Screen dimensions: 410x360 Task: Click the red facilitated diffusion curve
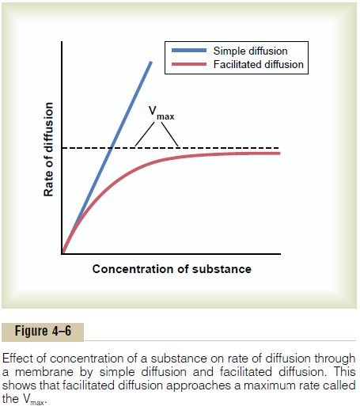(x=158, y=162)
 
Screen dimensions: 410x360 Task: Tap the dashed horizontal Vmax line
(x=237, y=148)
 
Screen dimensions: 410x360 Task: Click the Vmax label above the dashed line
(x=161, y=114)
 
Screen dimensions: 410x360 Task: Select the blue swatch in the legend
(x=187, y=51)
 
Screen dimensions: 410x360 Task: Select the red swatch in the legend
(x=187, y=64)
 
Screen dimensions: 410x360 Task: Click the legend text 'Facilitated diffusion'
(x=259, y=64)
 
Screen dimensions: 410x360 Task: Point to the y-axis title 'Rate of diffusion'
(x=49, y=151)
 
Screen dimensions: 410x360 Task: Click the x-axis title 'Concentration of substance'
(x=172, y=269)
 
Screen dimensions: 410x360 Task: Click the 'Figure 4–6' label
(x=43, y=331)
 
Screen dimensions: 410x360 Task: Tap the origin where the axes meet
(x=63, y=254)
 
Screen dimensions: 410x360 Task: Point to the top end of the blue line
(x=150, y=62)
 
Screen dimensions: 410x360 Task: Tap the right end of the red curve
(x=279, y=153)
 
